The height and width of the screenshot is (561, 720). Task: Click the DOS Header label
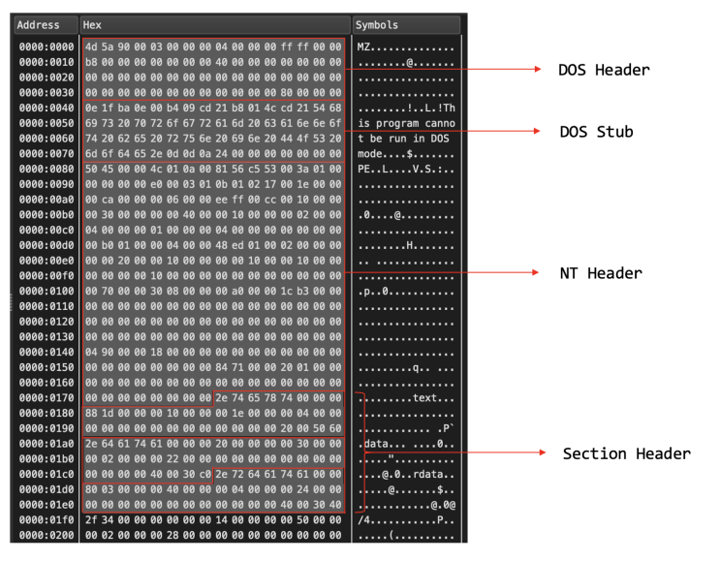(604, 70)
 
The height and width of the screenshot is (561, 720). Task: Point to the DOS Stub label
(597, 132)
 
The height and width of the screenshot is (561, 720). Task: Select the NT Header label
(601, 273)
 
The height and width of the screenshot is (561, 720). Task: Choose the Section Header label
(627, 453)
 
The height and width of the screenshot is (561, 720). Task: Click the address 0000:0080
(47, 169)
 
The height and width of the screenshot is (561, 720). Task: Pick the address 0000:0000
(47, 47)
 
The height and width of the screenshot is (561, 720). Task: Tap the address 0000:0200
(47, 535)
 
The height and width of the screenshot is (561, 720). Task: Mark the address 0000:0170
(47, 398)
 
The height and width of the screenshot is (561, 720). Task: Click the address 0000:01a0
(47, 444)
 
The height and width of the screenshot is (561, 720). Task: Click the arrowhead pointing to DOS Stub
(537, 131)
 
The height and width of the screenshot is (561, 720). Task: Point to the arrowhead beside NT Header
(536, 272)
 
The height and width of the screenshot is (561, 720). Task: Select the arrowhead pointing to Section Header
(543, 452)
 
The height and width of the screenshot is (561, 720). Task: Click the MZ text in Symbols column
(363, 47)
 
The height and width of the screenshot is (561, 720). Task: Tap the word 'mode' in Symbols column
(370, 154)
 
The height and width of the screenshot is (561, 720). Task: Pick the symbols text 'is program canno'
(406, 123)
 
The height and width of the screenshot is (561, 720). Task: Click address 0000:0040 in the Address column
(47, 108)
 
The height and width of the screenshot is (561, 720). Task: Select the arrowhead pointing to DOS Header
(538, 69)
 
